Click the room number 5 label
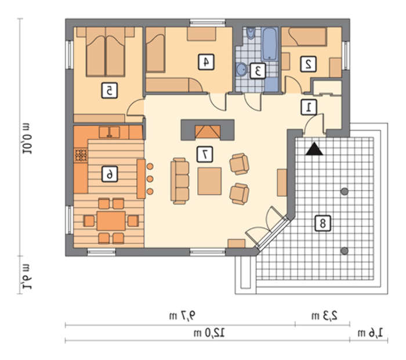110,91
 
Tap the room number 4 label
206,62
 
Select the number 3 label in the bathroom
258,71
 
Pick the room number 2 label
309,64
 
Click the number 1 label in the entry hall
309,107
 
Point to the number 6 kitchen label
110,174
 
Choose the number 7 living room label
205,154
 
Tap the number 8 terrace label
323,223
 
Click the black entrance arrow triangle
314,150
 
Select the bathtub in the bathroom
270,44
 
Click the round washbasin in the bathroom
242,70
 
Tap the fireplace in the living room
208,130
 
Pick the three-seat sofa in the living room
180,181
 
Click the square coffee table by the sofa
209,181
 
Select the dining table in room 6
111,221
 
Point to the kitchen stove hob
81,156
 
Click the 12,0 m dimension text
209,333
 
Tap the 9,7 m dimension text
182,316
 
